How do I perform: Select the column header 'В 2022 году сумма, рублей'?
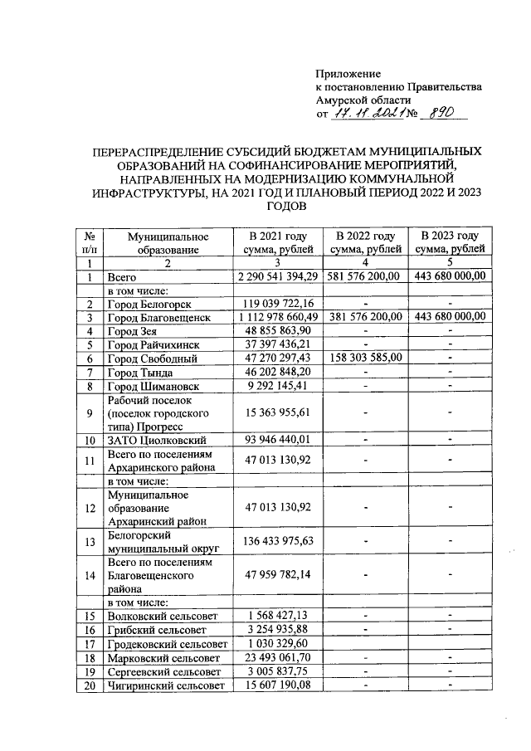click(366, 242)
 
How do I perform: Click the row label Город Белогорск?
click(145, 304)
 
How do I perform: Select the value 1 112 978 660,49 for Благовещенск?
click(277, 317)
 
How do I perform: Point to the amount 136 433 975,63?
click(277, 541)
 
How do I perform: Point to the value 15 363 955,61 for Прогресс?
click(277, 412)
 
